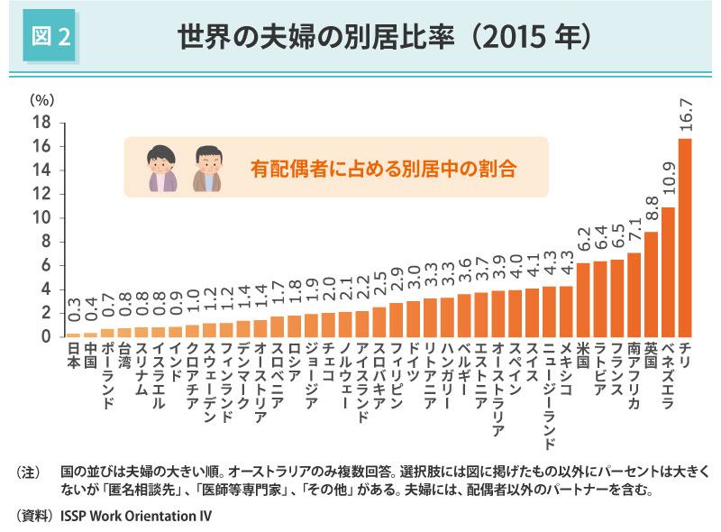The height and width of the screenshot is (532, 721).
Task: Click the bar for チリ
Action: click(x=685, y=237)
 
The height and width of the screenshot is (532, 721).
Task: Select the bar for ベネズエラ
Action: click(x=668, y=271)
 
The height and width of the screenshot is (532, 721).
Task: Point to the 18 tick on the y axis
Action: click(x=42, y=123)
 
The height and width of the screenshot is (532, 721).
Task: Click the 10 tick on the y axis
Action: click(x=42, y=218)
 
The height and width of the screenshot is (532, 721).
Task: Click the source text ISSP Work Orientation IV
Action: click(x=135, y=517)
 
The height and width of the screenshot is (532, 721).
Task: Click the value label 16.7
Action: click(x=685, y=115)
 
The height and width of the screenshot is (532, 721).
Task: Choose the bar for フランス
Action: click(x=617, y=298)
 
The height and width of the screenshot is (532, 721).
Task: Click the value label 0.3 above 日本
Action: click(x=73, y=316)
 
